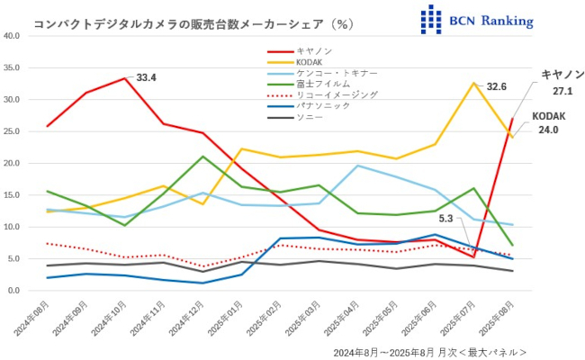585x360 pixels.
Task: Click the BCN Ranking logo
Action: tap(477, 19)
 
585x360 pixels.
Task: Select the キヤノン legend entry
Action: tap(313, 50)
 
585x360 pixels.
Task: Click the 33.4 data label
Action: tap(147, 78)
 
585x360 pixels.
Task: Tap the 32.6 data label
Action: tap(497, 87)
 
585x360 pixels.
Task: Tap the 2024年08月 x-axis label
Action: tap(32, 319)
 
